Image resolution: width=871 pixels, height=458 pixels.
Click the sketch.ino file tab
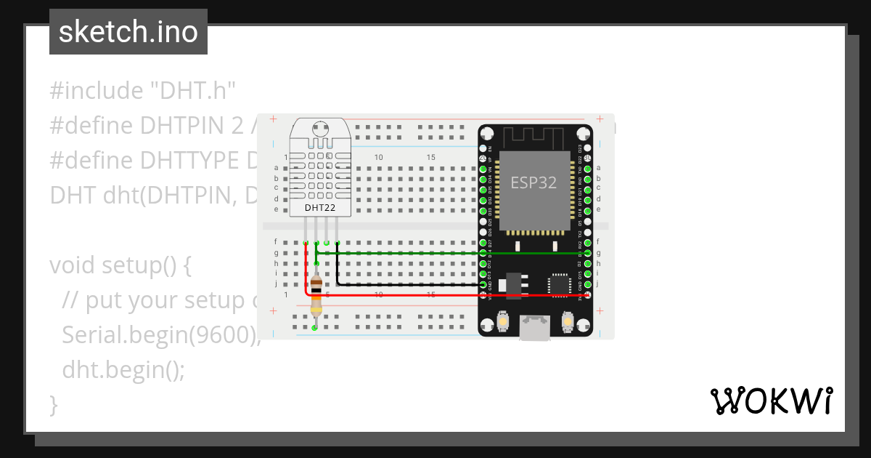(128, 32)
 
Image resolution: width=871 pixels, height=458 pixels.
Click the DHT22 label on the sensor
(319, 207)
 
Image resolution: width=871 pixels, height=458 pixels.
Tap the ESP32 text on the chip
(533, 182)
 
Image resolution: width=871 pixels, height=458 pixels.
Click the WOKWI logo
(770, 401)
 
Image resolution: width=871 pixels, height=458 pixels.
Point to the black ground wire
(406, 285)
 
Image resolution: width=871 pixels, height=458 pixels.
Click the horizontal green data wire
(406, 253)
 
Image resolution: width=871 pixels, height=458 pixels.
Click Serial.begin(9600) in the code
(160, 335)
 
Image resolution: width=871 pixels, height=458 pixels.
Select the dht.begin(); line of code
(123, 370)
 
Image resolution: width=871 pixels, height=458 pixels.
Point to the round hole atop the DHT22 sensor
(319, 129)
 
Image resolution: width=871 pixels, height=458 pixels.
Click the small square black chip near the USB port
(560, 285)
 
